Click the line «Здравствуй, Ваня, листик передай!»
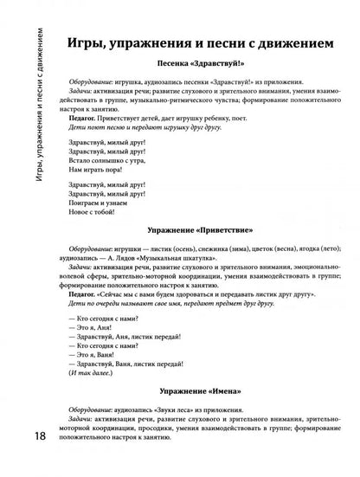pos(125,364)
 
